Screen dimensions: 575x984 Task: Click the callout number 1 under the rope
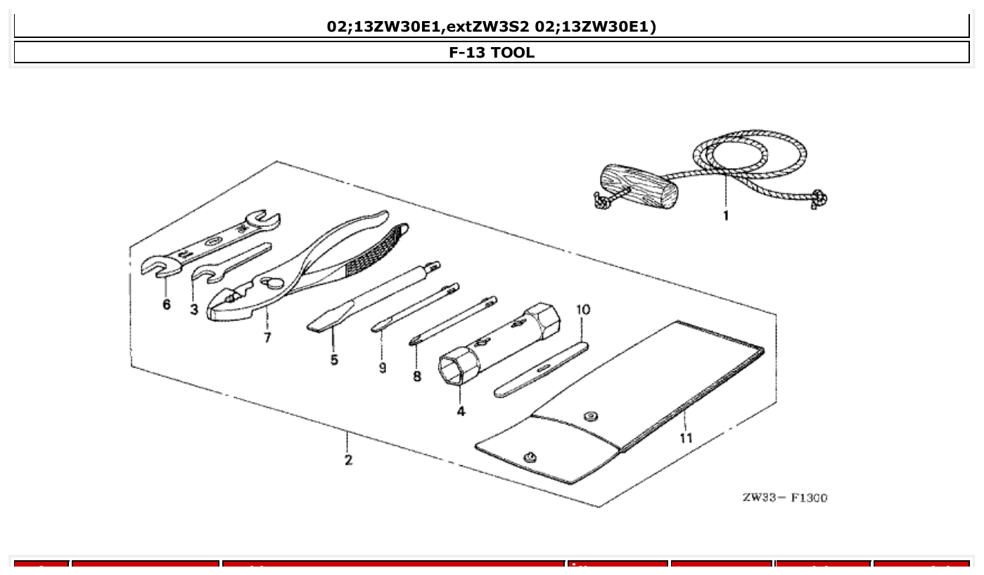(726, 216)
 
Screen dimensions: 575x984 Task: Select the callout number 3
(193, 309)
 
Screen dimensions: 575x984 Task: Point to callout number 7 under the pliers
(267, 337)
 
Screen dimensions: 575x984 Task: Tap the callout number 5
(334, 360)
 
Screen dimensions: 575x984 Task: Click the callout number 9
(382, 368)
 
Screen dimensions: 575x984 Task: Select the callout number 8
(417, 376)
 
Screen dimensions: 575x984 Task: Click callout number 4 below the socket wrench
(461, 411)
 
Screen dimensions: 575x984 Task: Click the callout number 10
(583, 309)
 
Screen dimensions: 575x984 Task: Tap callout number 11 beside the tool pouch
(686, 438)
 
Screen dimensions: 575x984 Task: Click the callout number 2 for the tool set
(348, 460)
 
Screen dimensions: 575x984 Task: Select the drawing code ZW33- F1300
(785, 498)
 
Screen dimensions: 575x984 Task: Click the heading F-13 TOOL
(492, 52)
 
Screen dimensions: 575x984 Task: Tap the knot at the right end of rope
(819, 200)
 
